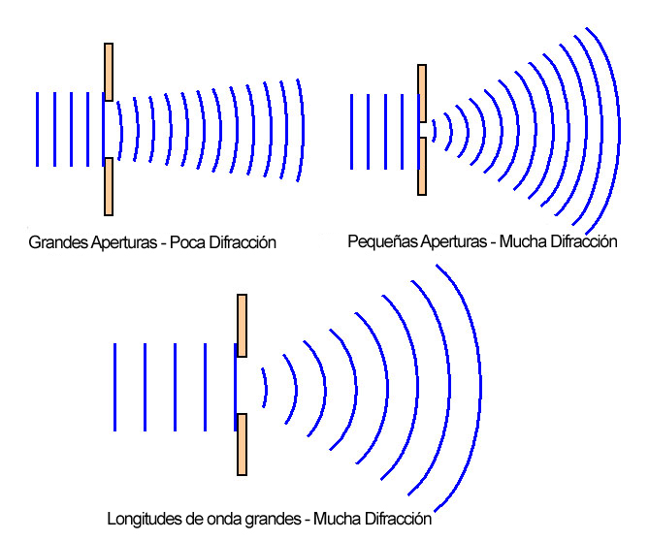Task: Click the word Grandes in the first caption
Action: [x=58, y=242]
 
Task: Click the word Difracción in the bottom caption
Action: [x=398, y=519]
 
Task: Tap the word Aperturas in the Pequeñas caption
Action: [x=454, y=241]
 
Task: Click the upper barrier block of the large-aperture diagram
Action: [x=109, y=72]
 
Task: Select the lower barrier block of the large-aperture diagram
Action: [x=109, y=186]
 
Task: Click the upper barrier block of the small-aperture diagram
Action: [x=422, y=93]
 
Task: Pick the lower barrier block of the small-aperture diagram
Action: [x=422, y=166]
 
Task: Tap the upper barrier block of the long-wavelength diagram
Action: [x=243, y=326]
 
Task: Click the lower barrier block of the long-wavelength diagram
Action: [x=243, y=445]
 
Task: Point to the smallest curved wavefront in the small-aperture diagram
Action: [x=435, y=131]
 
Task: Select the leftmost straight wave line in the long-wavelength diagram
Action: [x=114, y=387]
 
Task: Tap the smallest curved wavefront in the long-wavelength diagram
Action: [x=266, y=388]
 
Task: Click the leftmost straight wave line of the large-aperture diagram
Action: [x=37, y=130]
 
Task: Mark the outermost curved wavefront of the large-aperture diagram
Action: [x=303, y=130]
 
